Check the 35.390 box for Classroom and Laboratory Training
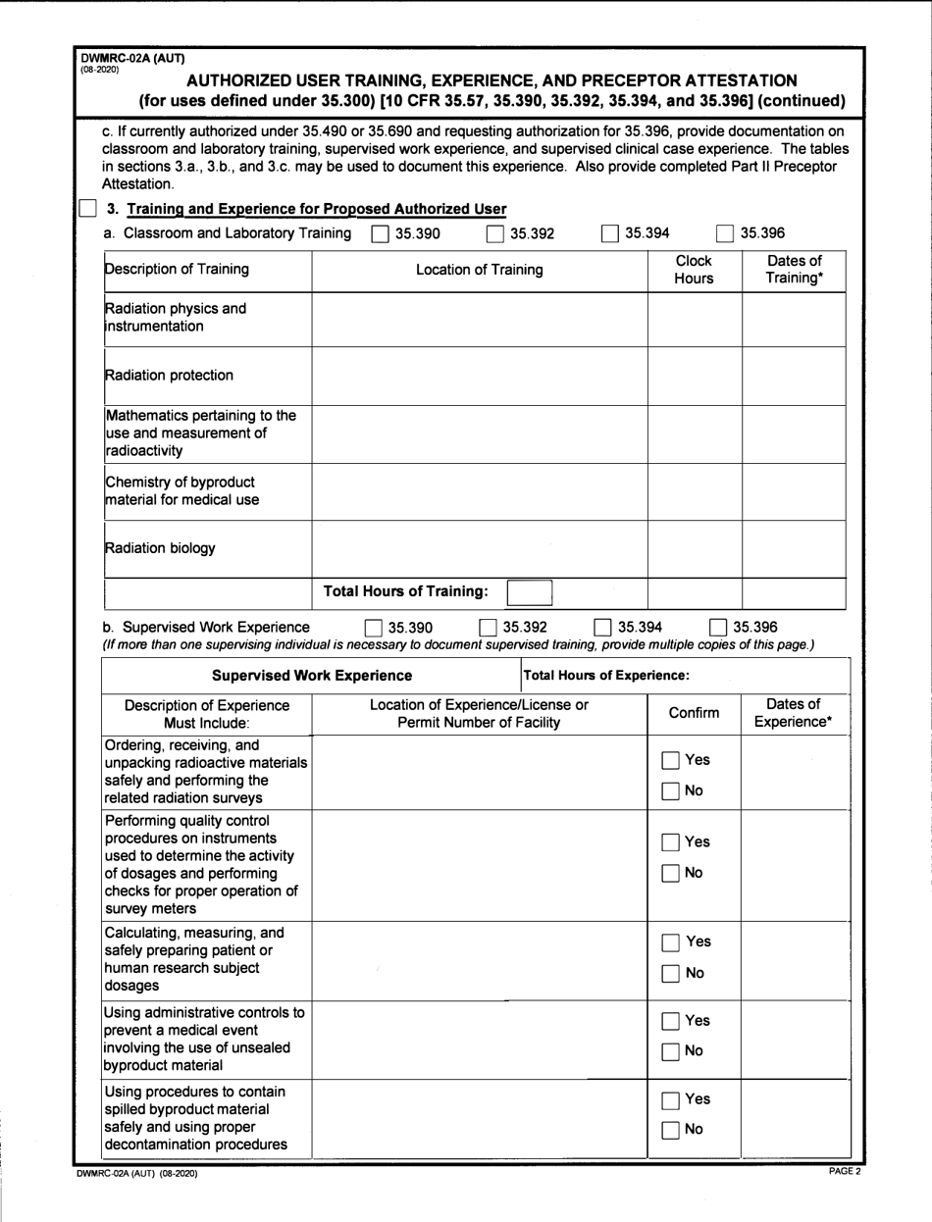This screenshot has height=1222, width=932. pyautogui.click(x=379, y=233)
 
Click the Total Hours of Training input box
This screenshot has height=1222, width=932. pyautogui.click(x=529, y=591)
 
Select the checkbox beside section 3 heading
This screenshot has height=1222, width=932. pyautogui.click(x=88, y=208)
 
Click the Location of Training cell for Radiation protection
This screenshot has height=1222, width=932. pyautogui.click(x=479, y=375)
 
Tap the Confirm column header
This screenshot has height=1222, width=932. pyautogui.click(x=694, y=713)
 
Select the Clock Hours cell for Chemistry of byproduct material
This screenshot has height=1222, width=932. pyautogui.click(x=694, y=491)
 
